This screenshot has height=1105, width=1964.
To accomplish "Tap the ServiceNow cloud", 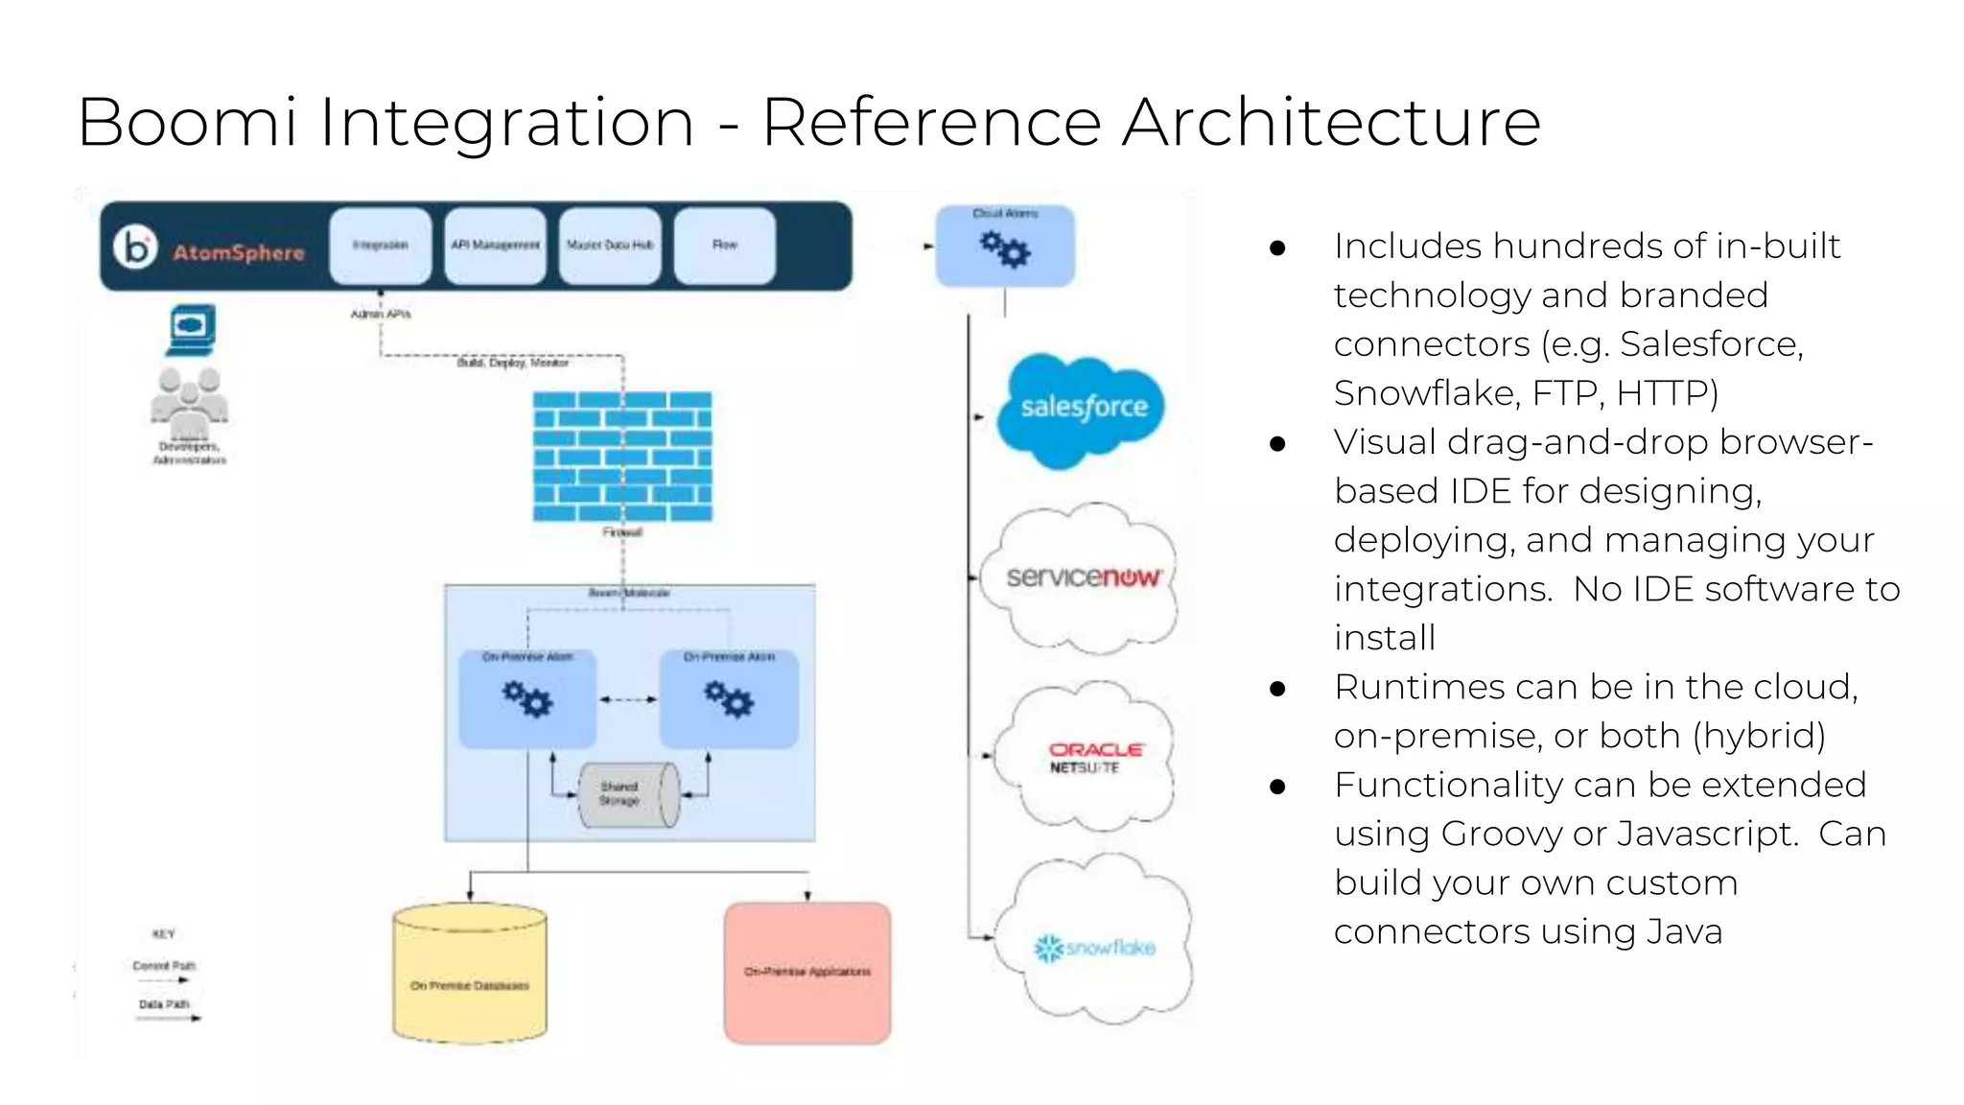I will tap(1083, 577).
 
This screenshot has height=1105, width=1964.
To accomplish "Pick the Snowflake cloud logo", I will tap(1095, 946).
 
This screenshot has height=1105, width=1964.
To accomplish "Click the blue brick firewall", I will tap(622, 457).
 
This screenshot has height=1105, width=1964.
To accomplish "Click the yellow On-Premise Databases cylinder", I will tap(470, 973).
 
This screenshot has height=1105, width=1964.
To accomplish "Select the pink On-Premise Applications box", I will tap(807, 972).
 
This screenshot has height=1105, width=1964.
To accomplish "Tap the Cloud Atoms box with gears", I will tap(1005, 247).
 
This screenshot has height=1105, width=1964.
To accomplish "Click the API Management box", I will tap(495, 246).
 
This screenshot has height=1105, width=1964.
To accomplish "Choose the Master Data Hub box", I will tap(610, 246).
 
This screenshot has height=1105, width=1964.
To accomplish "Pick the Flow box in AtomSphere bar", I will tap(725, 246).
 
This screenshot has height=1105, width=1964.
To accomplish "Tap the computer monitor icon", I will tap(191, 328).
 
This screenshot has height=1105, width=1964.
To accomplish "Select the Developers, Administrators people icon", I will tap(189, 399).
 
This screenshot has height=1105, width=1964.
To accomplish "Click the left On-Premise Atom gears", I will tap(527, 699).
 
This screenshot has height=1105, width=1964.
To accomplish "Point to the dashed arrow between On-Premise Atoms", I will tap(628, 699).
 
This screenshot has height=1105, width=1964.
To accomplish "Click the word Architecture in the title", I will tap(1331, 123).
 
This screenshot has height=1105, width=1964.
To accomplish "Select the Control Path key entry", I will tap(164, 966).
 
